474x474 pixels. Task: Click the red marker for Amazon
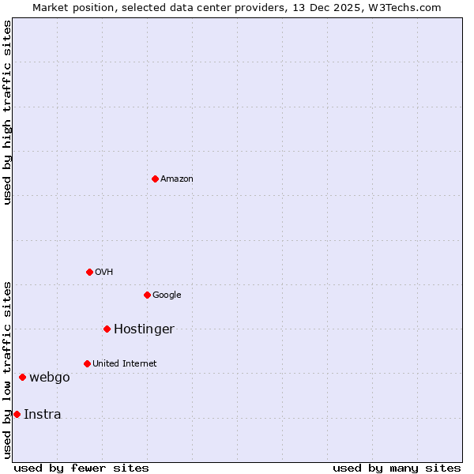[x=155, y=179]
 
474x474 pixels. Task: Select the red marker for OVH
[x=89, y=272]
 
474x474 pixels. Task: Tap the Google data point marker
[x=147, y=295]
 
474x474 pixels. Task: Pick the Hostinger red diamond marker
[x=107, y=329]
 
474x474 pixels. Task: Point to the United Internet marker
[x=87, y=363]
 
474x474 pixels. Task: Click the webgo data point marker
[x=22, y=377]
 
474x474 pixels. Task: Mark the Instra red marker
[x=17, y=414]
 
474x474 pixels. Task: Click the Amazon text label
[x=177, y=179]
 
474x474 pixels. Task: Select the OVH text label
[x=104, y=273]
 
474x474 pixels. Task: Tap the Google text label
[x=167, y=295]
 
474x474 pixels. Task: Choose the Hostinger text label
[x=144, y=329]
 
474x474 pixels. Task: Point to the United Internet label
[x=125, y=364]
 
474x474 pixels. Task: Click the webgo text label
[x=50, y=378]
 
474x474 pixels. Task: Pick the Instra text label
[x=43, y=415]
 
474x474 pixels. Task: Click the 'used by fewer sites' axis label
[x=81, y=468]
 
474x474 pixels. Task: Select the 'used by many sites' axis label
[x=397, y=468]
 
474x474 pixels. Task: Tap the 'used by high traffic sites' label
[x=7, y=112]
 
